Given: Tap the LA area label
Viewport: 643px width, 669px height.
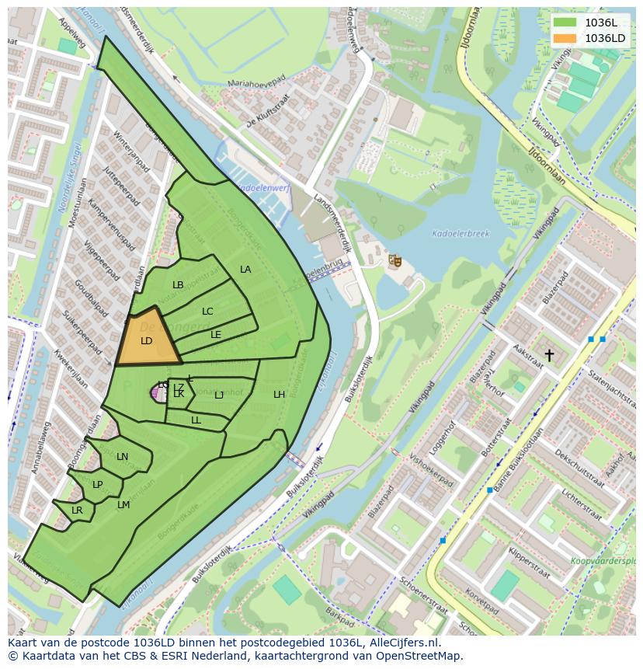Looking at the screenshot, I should (x=245, y=270).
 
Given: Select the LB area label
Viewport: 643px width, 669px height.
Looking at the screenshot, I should (x=178, y=285).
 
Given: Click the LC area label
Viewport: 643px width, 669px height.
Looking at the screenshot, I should (x=207, y=312).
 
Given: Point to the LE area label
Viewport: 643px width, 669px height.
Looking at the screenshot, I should (x=216, y=335).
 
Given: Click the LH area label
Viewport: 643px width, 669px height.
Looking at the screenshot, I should (x=279, y=395).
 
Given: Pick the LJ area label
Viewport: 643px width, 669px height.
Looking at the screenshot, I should (x=219, y=395).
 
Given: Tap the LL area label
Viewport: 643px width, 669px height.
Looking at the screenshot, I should (x=196, y=420).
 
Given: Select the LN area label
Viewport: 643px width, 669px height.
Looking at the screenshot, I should (x=122, y=457).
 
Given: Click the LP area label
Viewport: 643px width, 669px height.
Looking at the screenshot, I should (x=97, y=485).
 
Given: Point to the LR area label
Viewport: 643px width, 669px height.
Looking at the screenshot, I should (x=77, y=510).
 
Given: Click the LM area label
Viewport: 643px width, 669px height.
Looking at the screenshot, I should (x=123, y=505).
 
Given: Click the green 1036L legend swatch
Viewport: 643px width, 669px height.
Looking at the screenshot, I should (x=565, y=23).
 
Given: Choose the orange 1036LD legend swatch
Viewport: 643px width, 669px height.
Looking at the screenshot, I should (x=565, y=38).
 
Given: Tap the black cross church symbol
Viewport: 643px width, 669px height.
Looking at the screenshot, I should (x=549, y=355).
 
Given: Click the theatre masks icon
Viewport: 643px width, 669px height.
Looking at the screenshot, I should (x=395, y=261).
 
